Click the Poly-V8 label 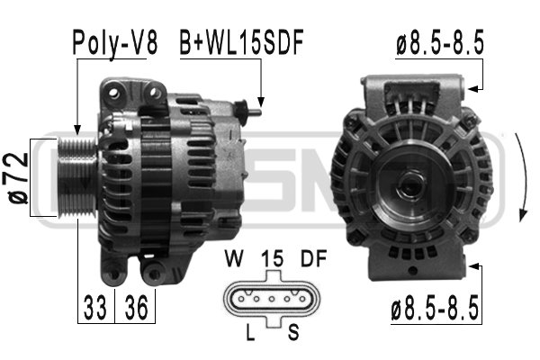(115, 44)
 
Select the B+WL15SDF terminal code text (241, 42)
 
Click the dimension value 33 (95, 308)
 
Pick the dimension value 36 (136, 308)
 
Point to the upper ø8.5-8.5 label (440, 42)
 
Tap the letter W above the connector (234, 258)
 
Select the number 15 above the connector (272, 258)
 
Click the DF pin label (313, 258)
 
